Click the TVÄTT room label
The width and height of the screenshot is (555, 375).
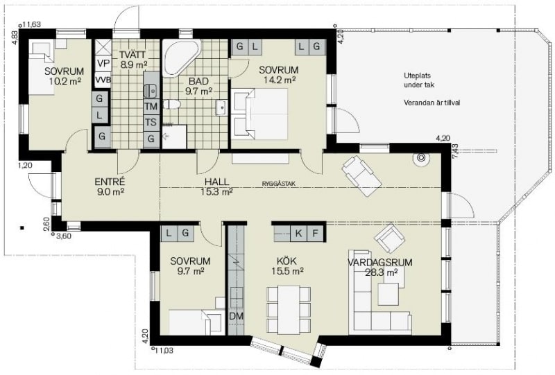click(x=132, y=55)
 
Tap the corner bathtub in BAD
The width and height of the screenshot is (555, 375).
click(x=180, y=58)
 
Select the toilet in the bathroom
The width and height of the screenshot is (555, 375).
click(x=171, y=104)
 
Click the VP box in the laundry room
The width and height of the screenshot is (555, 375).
click(x=103, y=64)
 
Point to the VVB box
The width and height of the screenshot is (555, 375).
click(x=103, y=80)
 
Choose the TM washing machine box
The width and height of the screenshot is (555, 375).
click(x=151, y=106)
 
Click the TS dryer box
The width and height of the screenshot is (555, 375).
click(x=151, y=123)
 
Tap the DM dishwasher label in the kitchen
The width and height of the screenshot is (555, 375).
click(x=236, y=316)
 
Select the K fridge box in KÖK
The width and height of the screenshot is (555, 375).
click(x=299, y=234)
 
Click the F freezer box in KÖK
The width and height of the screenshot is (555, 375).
click(x=316, y=234)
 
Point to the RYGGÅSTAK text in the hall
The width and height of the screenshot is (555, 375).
click(x=279, y=184)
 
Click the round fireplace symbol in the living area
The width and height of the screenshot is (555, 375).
click(x=421, y=158)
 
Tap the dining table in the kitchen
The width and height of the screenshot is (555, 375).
click(x=289, y=308)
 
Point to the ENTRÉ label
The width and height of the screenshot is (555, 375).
click(x=110, y=182)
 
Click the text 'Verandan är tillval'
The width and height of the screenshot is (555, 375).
click(x=432, y=103)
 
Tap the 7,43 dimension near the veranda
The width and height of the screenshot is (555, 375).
click(x=455, y=151)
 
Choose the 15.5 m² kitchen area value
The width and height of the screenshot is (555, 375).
click(x=287, y=271)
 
